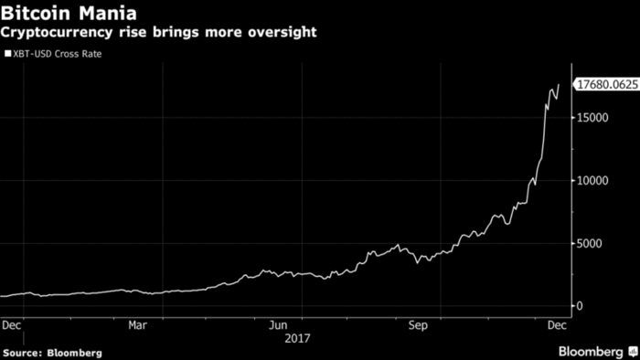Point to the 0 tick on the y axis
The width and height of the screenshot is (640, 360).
click(579, 306)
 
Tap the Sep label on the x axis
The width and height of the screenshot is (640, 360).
click(418, 324)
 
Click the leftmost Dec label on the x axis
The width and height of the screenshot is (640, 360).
click(12, 324)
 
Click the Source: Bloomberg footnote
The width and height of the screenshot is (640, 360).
click(52, 352)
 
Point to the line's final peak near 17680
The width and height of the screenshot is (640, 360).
click(559, 85)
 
